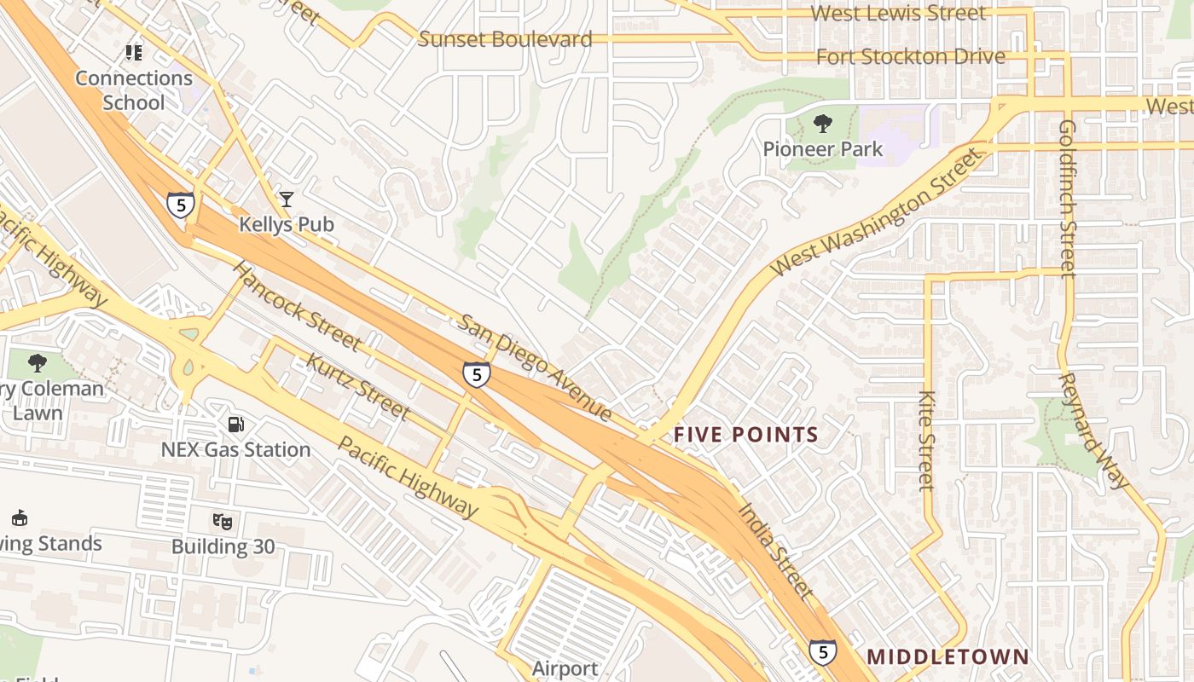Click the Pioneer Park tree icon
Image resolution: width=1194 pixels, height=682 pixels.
pyautogui.click(x=823, y=124)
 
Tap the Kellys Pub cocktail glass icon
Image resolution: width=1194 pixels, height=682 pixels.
pyautogui.click(x=286, y=199)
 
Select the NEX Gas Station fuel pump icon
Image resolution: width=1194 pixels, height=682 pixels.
pyautogui.click(x=236, y=424)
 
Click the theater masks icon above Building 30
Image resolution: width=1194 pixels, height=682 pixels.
pyautogui.click(x=222, y=520)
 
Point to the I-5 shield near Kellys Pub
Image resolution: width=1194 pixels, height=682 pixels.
pyautogui.click(x=180, y=205)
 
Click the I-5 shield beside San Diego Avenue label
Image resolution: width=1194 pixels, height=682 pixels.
pyautogui.click(x=476, y=374)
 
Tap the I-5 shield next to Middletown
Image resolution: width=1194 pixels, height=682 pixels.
pyautogui.click(x=822, y=652)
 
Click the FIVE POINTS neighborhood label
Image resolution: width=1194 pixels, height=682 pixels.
pyautogui.click(x=745, y=435)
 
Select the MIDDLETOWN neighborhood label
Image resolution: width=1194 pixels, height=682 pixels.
pyautogui.click(x=948, y=657)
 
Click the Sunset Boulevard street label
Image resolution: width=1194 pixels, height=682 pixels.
pyautogui.click(x=505, y=39)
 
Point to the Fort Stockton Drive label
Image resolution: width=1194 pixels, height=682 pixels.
pyautogui.click(x=910, y=57)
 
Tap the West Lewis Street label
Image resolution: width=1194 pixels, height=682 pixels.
pyautogui.click(x=897, y=14)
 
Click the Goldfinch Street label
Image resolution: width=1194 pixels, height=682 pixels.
pyautogui.click(x=1067, y=198)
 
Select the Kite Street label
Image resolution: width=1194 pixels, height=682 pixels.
pyautogui.click(x=927, y=441)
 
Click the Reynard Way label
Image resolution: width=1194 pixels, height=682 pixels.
pyautogui.click(x=1093, y=431)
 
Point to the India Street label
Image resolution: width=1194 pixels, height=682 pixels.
pyautogui.click(x=774, y=551)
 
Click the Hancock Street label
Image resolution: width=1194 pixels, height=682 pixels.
pyautogui.click(x=296, y=305)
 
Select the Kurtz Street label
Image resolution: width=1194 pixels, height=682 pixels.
pyautogui.click(x=357, y=386)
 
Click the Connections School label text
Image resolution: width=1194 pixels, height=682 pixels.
pyautogui.click(x=134, y=90)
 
